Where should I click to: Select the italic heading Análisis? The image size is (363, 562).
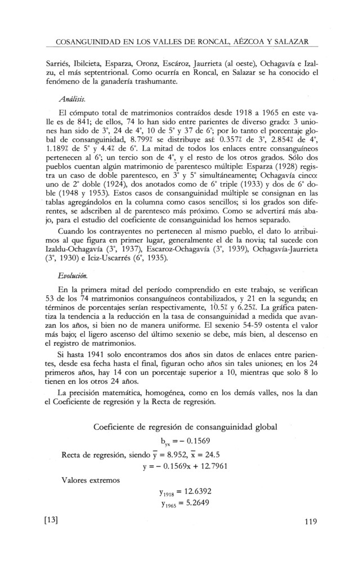pos(71,97)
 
